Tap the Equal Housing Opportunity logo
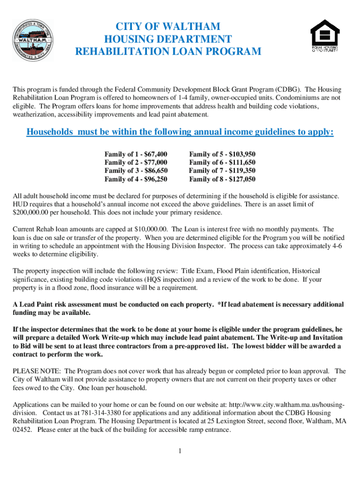click(324, 36)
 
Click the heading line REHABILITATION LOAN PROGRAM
click(168, 51)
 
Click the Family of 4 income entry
click(136, 179)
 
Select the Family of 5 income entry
click(222, 154)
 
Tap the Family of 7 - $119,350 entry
click(222, 171)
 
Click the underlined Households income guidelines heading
click(180, 132)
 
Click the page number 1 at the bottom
click(180, 450)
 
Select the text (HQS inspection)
click(168, 279)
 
